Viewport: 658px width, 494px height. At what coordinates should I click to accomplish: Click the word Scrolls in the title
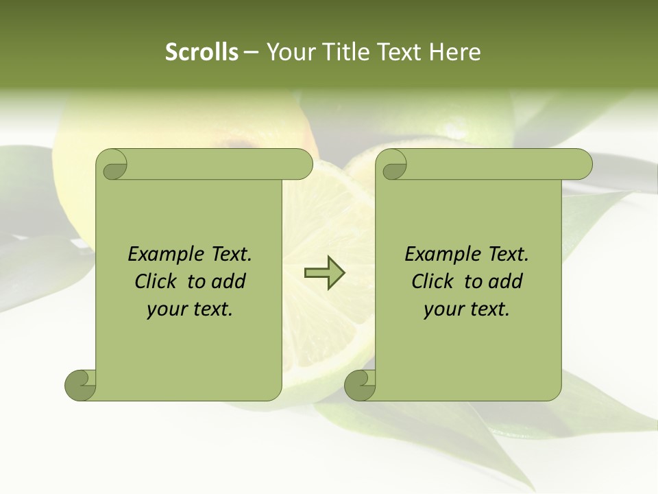pyautogui.click(x=202, y=52)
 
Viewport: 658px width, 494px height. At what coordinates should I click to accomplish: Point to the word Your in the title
pyautogui.click(x=290, y=52)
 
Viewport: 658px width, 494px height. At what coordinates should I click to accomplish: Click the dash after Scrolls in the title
pyautogui.click(x=251, y=53)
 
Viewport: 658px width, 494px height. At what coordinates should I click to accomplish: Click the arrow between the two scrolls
pyautogui.click(x=324, y=272)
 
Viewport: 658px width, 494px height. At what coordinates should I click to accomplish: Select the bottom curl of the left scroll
pyautogui.click(x=81, y=385)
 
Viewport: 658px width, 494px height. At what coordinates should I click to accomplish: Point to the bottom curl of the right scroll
pyautogui.click(x=360, y=385)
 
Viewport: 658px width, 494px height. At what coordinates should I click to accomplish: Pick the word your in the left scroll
pyautogui.click(x=165, y=309)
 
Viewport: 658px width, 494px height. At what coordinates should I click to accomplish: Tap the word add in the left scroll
pyautogui.click(x=228, y=281)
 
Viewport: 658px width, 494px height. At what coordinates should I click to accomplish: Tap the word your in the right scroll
pyautogui.click(x=442, y=309)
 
